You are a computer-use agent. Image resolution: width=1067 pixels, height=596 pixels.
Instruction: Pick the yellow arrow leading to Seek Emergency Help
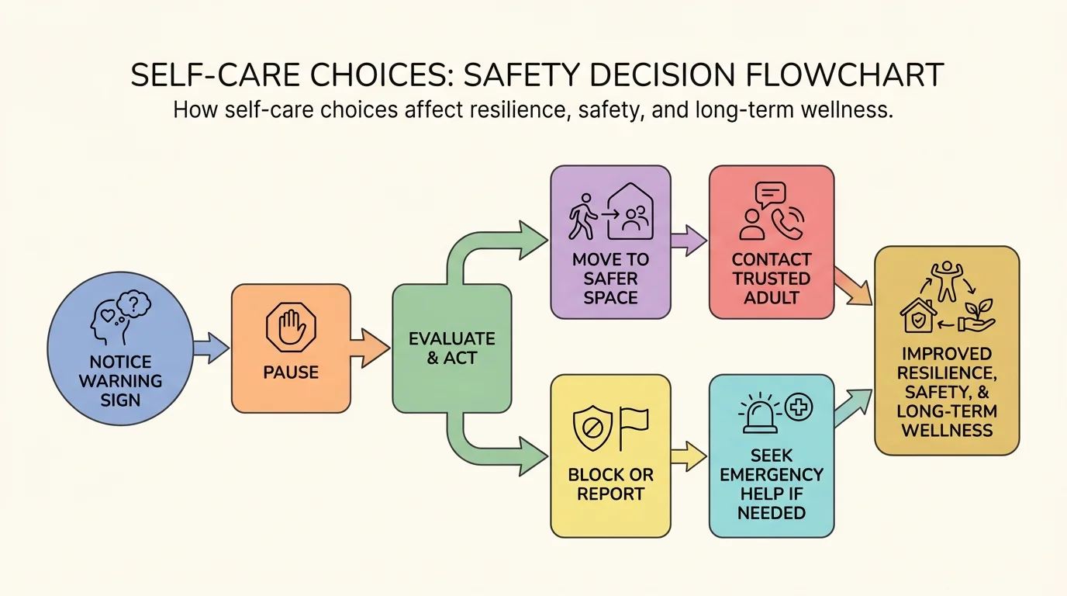pyautogui.click(x=689, y=456)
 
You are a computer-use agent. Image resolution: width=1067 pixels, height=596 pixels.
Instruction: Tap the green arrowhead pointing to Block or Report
pyautogui.click(x=531, y=456)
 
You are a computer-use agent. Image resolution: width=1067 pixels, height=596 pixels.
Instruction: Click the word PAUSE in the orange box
pyautogui.click(x=291, y=372)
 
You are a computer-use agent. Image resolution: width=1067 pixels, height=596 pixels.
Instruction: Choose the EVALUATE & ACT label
pyautogui.click(x=451, y=348)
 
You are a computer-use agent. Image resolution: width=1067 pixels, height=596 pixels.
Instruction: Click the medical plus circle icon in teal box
pyautogui.click(x=799, y=406)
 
